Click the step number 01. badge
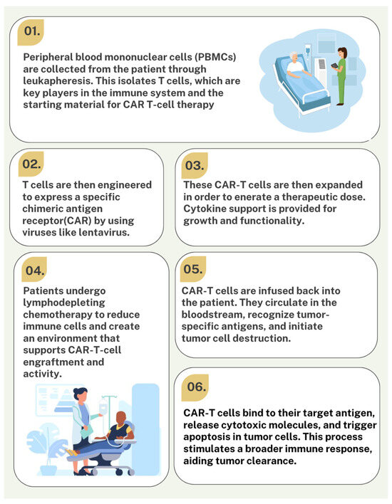tap(31, 31)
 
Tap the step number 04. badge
tap(34, 270)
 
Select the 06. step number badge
tap(195, 387)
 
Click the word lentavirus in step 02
tap(104, 232)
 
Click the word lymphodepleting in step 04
tap(60, 303)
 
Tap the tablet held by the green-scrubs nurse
tap(335, 65)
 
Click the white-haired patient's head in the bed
tap(294, 57)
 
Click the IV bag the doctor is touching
tap(103, 406)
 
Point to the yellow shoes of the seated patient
tap(72, 453)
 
